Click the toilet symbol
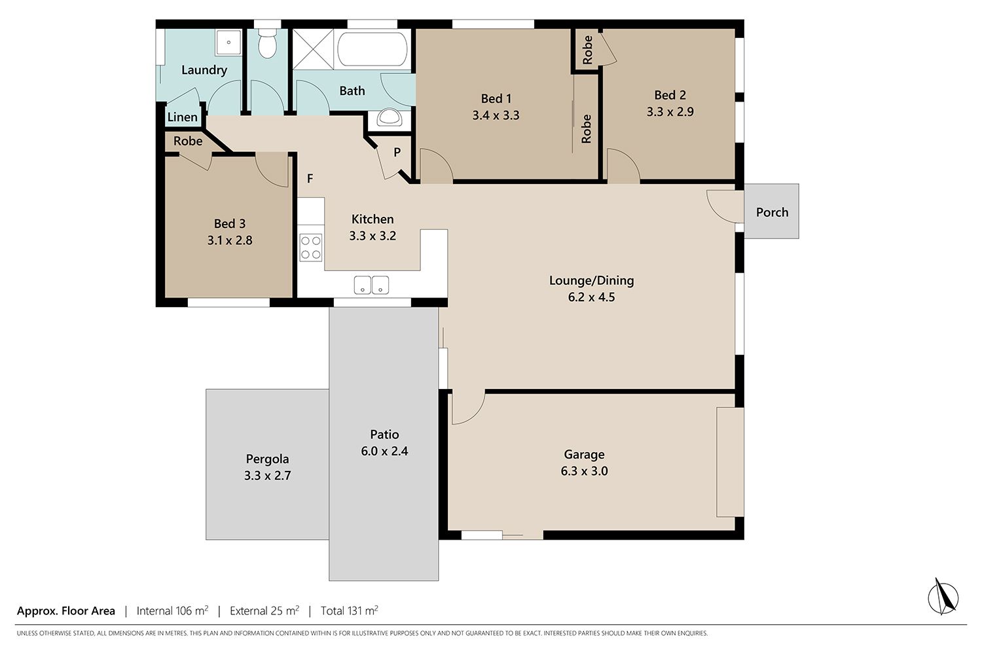[267, 43]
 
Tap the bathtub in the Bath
[373, 48]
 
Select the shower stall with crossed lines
[313, 49]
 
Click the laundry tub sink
[228, 43]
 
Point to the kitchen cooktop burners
[311, 248]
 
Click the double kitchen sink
[371, 285]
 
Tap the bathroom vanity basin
[389, 118]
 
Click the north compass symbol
[943, 597]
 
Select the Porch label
[772, 212]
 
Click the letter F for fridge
[310, 179]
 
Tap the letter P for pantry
[397, 152]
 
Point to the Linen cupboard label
[183, 117]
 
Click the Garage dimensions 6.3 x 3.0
[585, 471]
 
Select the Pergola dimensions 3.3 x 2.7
[267, 476]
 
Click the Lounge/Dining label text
[591, 280]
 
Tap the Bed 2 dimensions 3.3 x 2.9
[670, 112]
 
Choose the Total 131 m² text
[350, 610]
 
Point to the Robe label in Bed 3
[188, 141]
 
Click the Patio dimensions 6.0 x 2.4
[384, 451]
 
